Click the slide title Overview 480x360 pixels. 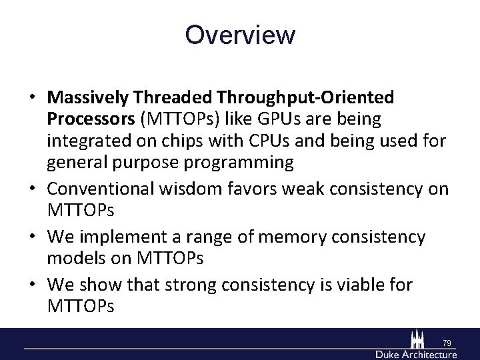(x=240, y=35)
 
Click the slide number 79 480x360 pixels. (x=447, y=343)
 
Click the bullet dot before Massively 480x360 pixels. (x=33, y=98)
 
